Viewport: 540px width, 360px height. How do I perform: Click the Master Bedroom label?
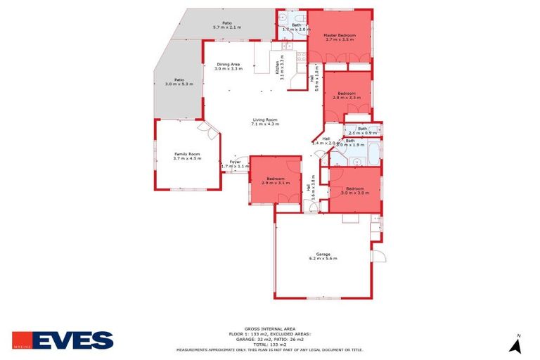pyautogui.click(x=340, y=35)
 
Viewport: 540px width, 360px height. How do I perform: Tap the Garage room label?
pyautogui.click(x=323, y=254)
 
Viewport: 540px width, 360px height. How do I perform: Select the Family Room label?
pyautogui.click(x=188, y=154)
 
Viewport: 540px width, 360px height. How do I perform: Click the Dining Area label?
pyautogui.click(x=228, y=65)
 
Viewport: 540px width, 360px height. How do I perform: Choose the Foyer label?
pyautogui.click(x=235, y=162)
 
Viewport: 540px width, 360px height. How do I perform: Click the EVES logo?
pyautogui.click(x=63, y=341)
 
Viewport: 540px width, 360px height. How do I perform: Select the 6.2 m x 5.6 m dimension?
pyautogui.click(x=323, y=259)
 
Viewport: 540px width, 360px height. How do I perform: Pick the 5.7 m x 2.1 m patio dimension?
pyautogui.click(x=227, y=27)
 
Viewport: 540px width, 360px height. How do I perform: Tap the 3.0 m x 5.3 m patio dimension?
pyautogui.click(x=179, y=84)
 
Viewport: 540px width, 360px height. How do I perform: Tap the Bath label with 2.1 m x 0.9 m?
pyautogui.click(x=362, y=129)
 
